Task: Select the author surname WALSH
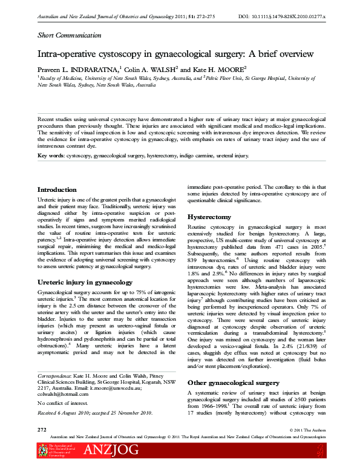[163, 70]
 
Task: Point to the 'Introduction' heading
[59, 190]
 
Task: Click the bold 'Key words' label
[50, 156]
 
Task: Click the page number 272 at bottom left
[42, 429]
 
